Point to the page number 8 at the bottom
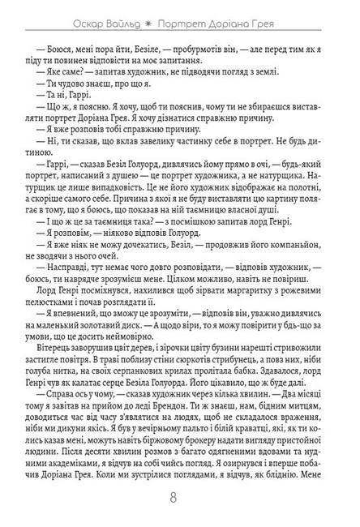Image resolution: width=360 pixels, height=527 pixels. pos(180,496)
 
